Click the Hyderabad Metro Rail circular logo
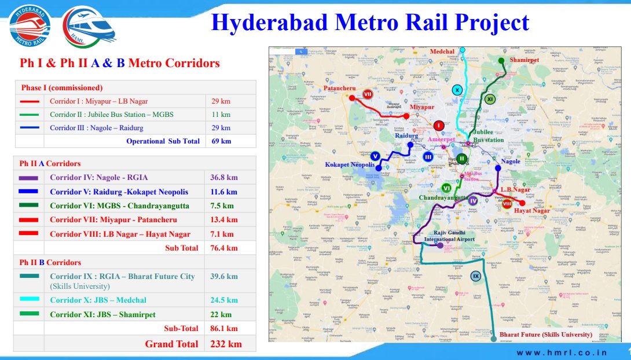(x=30, y=26)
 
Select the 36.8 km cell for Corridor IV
(x=224, y=178)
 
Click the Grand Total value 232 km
(x=222, y=344)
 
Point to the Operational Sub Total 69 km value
(x=221, y=141)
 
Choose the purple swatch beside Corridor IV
(x=32, y=178)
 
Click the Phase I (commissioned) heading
(x=62, y=88)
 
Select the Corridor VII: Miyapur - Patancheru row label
(x=113, y=219)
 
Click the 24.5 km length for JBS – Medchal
(x=224, y=300)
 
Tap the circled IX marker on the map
(x=476, y=276)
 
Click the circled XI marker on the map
(x=490, y=100)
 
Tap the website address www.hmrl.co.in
(x=562, y=352)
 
